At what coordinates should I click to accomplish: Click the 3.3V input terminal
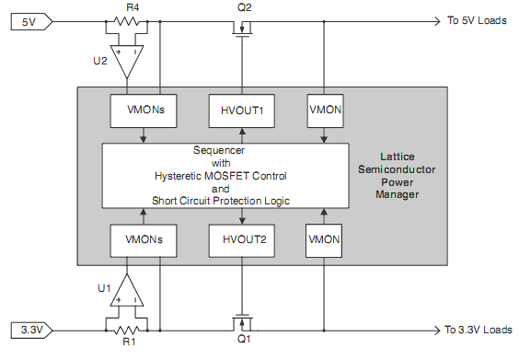tap(31, 329)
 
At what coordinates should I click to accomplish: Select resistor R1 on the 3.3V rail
tap(127, 329)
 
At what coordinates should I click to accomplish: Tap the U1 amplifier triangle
tap(127, 293)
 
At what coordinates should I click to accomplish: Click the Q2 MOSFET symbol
tap(243, 28)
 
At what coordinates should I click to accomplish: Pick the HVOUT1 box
tap(242, 110)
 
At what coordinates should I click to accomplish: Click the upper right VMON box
tap(324, 110)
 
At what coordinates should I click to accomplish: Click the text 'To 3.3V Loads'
tap(479, 329)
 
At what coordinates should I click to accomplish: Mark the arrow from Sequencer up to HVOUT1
tap(242, 135)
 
